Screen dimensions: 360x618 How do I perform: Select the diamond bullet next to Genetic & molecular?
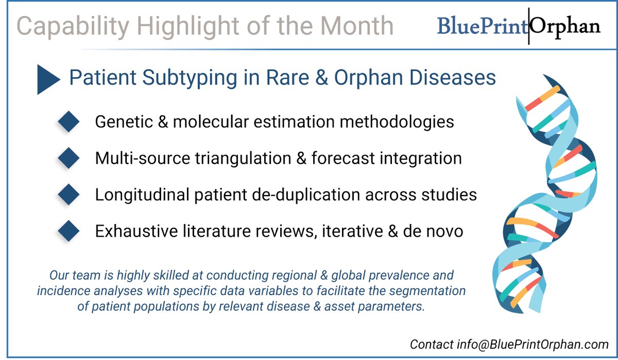68,122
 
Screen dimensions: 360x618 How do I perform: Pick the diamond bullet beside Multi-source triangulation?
68,159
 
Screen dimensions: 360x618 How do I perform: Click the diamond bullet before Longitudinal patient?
68,195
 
